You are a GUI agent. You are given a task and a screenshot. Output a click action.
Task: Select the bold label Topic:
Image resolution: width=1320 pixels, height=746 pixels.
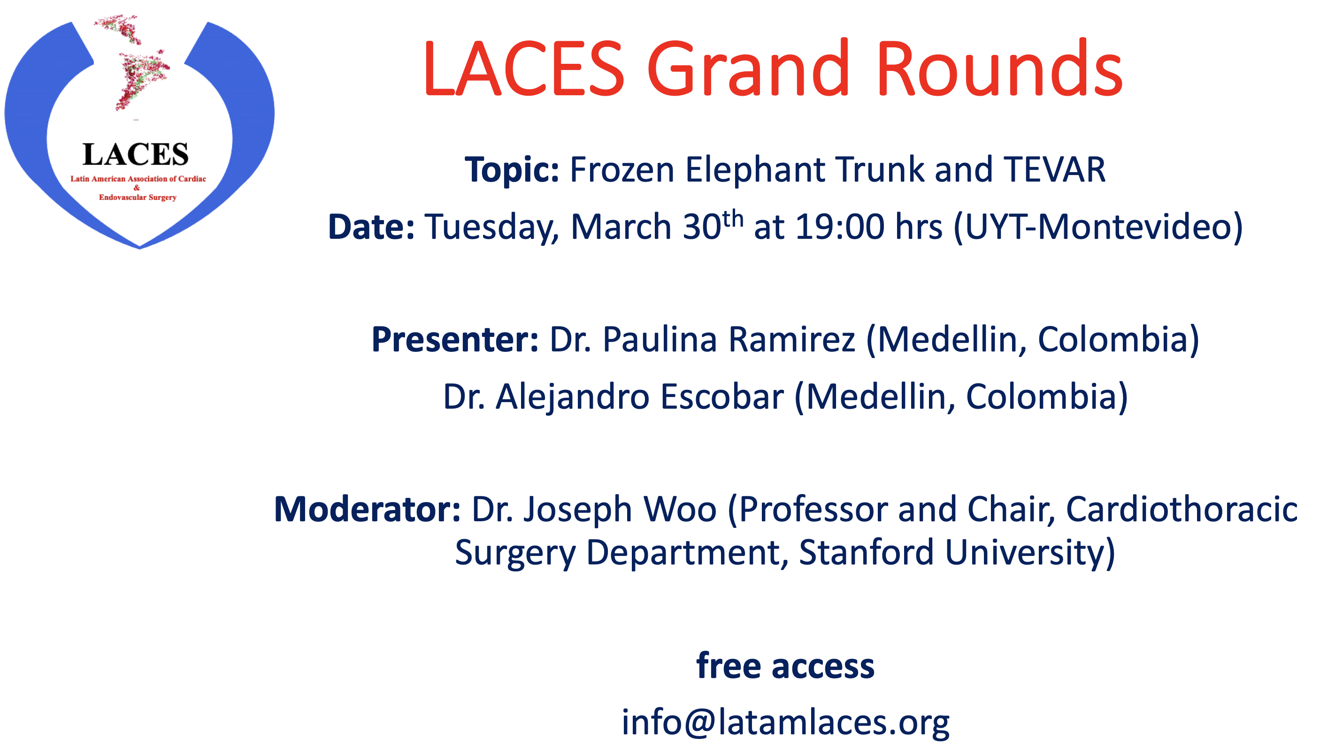point(512,171)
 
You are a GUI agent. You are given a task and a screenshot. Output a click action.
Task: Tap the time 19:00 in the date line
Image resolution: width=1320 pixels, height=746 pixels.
point(840,227)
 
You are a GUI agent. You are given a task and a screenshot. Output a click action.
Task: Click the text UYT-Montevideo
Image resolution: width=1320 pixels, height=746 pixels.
point(1097,227)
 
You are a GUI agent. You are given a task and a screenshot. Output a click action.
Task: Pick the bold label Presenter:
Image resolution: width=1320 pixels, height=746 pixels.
point(455,340)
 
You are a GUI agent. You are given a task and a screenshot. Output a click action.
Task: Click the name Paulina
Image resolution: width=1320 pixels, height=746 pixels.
point(659,340)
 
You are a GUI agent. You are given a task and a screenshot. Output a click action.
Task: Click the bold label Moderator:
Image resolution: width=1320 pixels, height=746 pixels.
point(367,510)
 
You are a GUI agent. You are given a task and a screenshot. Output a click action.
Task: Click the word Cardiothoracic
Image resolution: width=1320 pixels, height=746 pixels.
point(1182,510)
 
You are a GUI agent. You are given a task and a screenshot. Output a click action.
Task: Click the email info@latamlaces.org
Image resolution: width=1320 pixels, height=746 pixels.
point(785,723)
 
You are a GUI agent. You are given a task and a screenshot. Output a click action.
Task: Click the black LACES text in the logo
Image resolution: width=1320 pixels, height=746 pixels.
point(135,154)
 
